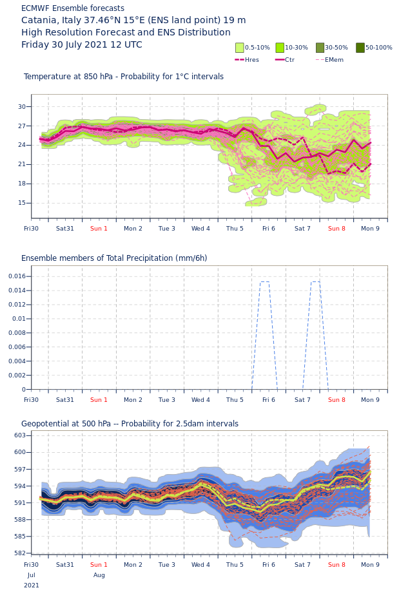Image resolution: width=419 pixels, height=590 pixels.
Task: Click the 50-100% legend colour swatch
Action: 360,48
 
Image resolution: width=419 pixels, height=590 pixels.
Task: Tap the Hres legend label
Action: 251,60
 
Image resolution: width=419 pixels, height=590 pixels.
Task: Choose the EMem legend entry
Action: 334,60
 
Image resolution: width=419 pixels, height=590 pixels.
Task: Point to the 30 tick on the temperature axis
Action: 21,107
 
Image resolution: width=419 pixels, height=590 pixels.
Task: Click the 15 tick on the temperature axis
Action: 21,203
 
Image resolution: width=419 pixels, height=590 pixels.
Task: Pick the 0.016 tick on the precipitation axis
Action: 16,276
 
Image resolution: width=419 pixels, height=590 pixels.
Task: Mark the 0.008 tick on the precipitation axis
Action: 16,333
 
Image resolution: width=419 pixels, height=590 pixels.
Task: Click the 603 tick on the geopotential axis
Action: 20,435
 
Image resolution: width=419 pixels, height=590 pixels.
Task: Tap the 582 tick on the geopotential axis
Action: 20,553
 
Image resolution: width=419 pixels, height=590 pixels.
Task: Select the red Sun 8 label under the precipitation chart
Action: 336,400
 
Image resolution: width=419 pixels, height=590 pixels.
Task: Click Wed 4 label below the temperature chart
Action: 200,229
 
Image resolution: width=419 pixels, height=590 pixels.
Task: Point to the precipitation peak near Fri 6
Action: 264,281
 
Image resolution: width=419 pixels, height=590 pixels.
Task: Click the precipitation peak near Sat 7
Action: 315,281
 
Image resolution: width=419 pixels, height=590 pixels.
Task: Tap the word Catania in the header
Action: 40,21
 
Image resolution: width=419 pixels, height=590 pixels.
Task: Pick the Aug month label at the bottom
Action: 99,575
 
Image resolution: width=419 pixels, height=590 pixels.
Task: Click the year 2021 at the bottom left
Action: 31,585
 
